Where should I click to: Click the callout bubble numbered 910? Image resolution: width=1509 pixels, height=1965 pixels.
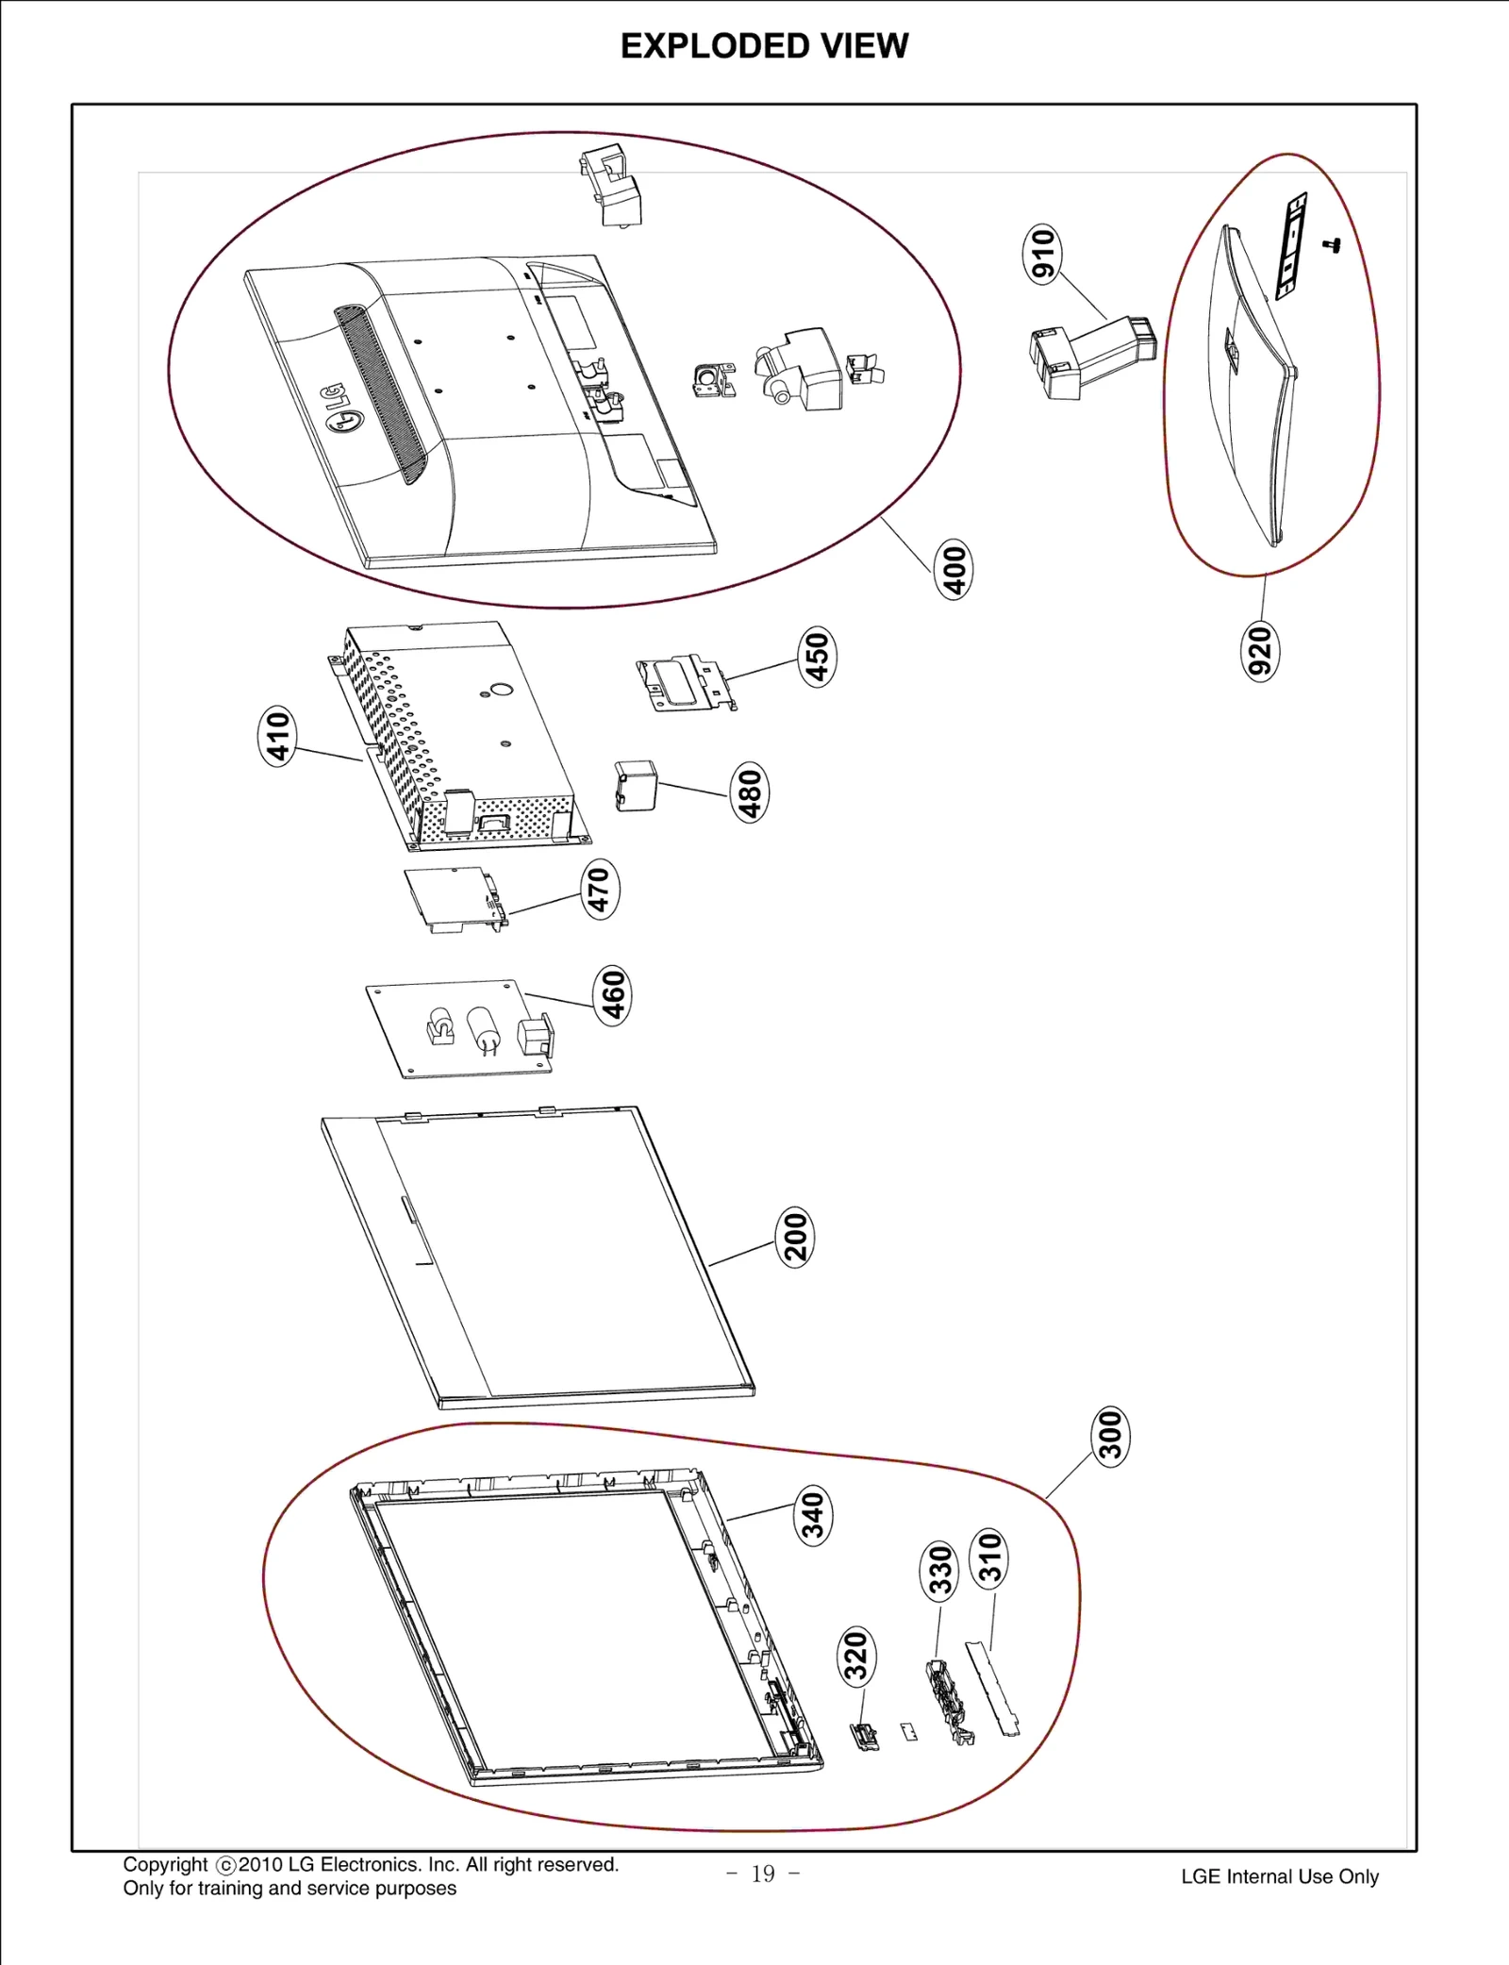pyautogui.click(x=1042, y=255)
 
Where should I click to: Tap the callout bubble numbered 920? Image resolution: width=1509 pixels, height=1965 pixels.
pyautogui.click(x=1260, y=650)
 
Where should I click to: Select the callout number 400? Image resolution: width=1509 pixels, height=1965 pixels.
pyautogui.click(x=953, y=569)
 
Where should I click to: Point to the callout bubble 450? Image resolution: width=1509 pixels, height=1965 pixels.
pyautogui.click(x=817, y=657)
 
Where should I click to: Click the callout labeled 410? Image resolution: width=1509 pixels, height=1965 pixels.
pyautogui.click(x=277, y=736)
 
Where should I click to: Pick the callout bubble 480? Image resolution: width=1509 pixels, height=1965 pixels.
pyautogui.click(x=750, y=792)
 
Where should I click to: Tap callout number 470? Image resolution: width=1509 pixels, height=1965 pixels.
pyautogui.click(x=599, y=889)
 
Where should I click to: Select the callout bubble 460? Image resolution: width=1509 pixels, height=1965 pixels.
pyautogui.click(x=613, y=995)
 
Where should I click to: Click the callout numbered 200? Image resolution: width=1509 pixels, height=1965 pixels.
pyautogui.click(x=795, y=1236)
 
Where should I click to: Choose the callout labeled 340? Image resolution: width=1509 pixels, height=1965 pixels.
pyautogui.click(x=812, y=1516)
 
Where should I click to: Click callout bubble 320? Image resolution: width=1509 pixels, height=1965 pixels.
pyautogui.click(x=856, y=1657)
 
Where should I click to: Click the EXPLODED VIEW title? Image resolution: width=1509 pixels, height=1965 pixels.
pyautogui.click(x=764, y=45)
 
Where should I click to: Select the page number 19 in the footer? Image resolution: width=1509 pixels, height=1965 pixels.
pyautogui.click(x=763, y=1873)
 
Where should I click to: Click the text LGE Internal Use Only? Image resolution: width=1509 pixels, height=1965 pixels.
pyautogui.click(x=1279, y=1876)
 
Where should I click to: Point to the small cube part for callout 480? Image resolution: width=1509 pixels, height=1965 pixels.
pyautogui.click(x=636, y=786)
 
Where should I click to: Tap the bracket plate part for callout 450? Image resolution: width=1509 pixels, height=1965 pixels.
pyautogui.click(x=687, y=683)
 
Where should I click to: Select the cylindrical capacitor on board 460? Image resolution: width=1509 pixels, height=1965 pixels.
pyautogui.click(x=483, y=1029)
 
